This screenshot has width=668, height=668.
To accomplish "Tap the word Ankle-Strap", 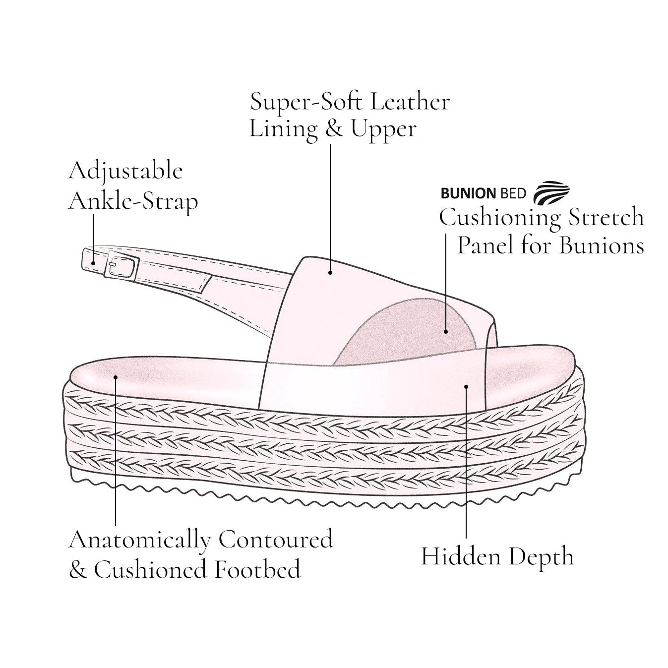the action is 133,201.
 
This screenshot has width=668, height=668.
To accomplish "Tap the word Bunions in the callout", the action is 602,246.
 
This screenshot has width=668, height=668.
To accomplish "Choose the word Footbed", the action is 257,569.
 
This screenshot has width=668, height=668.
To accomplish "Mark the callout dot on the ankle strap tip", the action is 93,263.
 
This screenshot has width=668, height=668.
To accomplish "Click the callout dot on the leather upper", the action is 330,272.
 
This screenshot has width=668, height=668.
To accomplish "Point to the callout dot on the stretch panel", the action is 446,332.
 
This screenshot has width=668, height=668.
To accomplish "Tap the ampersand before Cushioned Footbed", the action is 78,570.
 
